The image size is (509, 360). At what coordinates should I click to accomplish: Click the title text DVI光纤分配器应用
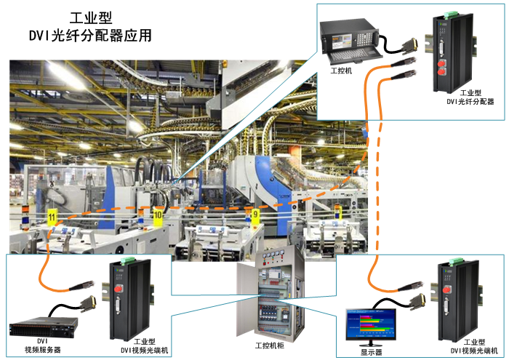click(89, 36)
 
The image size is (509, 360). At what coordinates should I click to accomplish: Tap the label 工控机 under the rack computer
click(340, 71)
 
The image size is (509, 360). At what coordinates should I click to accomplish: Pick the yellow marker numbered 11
click(52, 216)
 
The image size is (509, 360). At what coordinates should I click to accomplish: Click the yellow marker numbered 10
click(158, 215)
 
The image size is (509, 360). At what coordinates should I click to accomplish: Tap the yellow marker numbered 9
click(254, 215)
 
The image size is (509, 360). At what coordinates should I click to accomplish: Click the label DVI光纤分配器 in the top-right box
click(470, 103)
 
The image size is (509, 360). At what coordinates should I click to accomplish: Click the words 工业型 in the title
click(89, 17)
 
